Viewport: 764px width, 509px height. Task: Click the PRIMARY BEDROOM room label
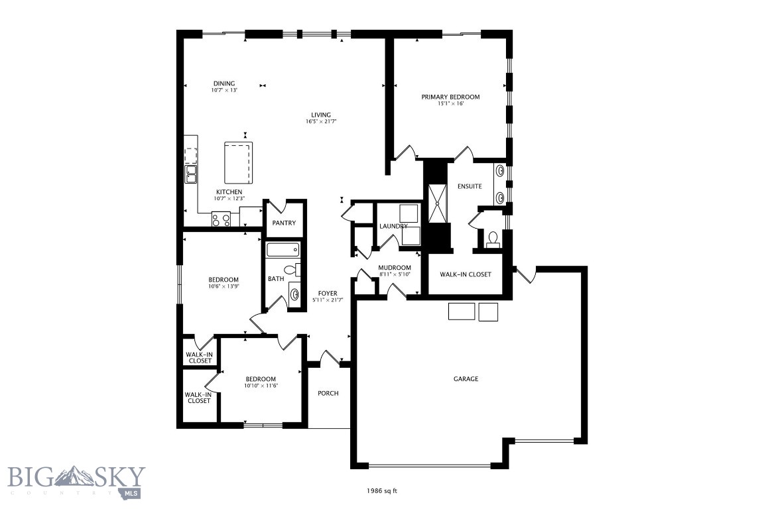(x=450, y=97)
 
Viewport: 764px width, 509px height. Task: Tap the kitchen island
(x=239, y=162)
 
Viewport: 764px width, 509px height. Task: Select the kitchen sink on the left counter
(x=191, y=174)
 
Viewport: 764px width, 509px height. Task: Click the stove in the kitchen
(x=221, y=219)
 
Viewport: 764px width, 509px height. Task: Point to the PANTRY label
(x=284, y=223)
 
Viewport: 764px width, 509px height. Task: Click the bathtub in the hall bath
(x=283, y=251)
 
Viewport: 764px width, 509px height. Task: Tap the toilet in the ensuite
(x=492, y=239)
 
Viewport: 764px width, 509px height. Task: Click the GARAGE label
(x=466, y=379)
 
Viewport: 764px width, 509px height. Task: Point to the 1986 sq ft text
(x=382, y=491)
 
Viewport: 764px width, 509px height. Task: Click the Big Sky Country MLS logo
(x=76, y=481)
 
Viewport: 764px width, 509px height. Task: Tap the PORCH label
(x=328, y=393)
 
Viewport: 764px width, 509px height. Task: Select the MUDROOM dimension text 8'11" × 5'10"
(x=395, y=274)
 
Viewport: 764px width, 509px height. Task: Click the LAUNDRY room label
(x=393, y=227)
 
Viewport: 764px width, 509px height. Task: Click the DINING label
(x=224, y=84)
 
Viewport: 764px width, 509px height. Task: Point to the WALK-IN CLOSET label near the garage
(x=466, y=274)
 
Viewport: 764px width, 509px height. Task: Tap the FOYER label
(x=328, y=293)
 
